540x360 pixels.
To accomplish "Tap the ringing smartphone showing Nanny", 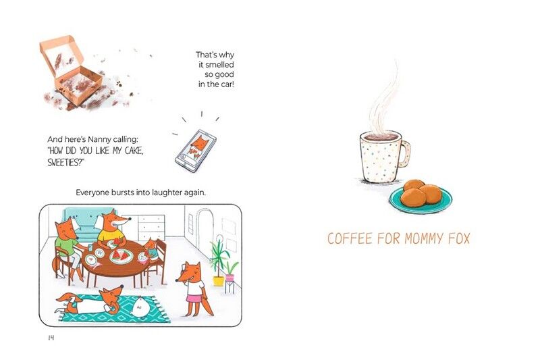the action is point(196,151).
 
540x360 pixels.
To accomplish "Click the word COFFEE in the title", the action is point(350,238).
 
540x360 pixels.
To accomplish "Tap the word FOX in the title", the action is point(459,238).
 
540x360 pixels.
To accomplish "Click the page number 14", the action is point(51,338).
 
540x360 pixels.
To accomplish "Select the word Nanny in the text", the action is point(99,140).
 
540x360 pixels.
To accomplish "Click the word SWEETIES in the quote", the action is point(64,162).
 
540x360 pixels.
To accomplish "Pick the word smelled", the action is point(220,65).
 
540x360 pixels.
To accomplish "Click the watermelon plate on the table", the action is point(122,256).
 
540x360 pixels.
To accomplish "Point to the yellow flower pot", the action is point(218,281).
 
